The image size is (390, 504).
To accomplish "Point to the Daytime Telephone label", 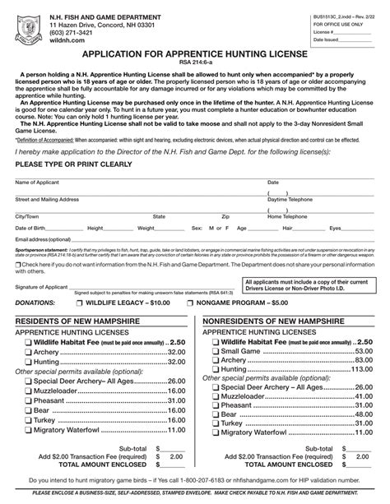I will coord(289,199).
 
